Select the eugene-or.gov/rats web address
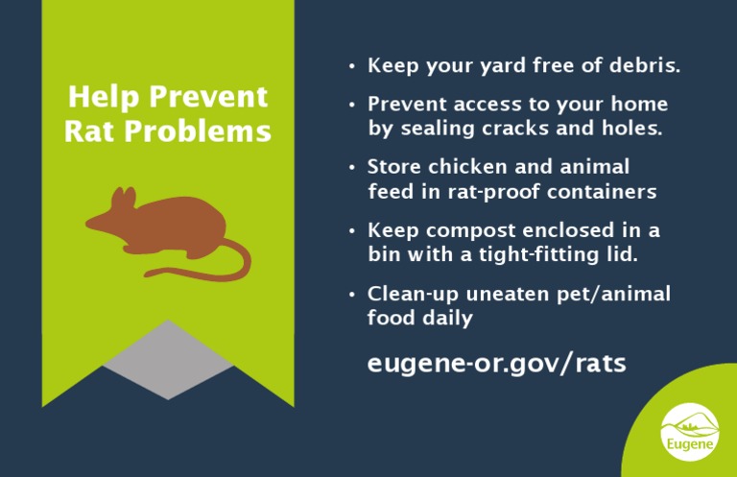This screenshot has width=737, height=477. [496, 364]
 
